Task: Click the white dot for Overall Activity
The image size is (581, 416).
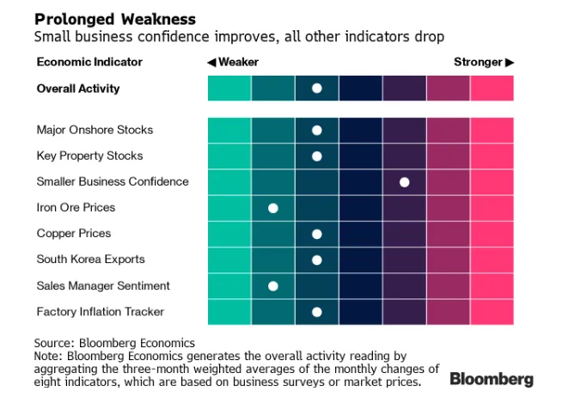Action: [316, 89]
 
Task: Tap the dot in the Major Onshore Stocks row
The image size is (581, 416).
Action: [316, 130]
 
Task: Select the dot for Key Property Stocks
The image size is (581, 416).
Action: [316, 156]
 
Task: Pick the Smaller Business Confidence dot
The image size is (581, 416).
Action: [404, 182]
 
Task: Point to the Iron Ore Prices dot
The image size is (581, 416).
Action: [273, 208]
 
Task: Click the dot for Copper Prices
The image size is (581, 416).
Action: [316, 234]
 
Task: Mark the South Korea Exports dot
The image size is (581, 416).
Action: [316, 260]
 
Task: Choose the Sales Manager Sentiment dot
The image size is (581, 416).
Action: [273, 285]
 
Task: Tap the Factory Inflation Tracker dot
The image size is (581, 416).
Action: [316, 312]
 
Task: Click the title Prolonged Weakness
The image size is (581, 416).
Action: [115, 19]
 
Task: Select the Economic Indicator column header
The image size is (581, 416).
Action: [89, 62]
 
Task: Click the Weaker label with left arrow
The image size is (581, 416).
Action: [233, 62]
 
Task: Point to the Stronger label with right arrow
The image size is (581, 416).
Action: [484, 62]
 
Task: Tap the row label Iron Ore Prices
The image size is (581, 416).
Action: [76, 207]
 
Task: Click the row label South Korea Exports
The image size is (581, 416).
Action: [90, 259]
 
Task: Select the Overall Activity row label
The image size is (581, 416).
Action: [78, 89]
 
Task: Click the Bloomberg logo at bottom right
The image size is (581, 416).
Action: [492, 378]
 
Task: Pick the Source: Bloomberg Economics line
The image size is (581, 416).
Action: [114, 343]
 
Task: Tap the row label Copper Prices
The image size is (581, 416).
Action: [74, 233]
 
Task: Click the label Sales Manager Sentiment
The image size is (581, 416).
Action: [103, 285]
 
